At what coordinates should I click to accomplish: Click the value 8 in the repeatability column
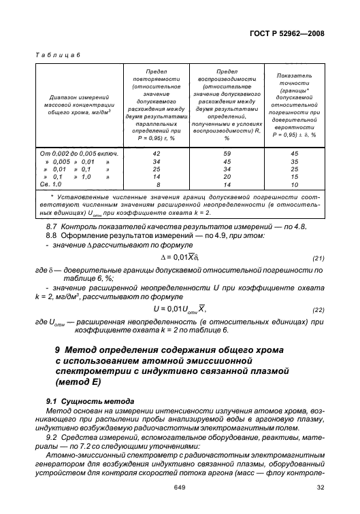(158, 184)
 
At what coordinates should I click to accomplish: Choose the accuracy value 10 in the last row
(295, 184)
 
